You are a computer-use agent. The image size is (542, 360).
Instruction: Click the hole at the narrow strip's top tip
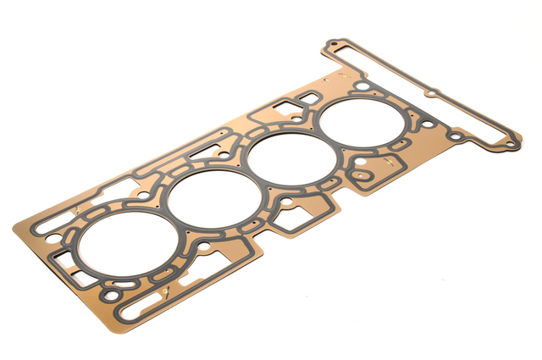pos(334,42)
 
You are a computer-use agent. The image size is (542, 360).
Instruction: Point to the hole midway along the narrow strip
pos(431,93)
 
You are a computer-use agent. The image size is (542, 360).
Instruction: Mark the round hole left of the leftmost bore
pos(47,230)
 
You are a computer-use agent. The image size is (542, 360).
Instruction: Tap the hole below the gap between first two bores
pos(205,250)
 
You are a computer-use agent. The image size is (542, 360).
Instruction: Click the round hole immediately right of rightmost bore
pos(426,125)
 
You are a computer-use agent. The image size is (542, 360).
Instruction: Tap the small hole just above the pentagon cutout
pos(288,202)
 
